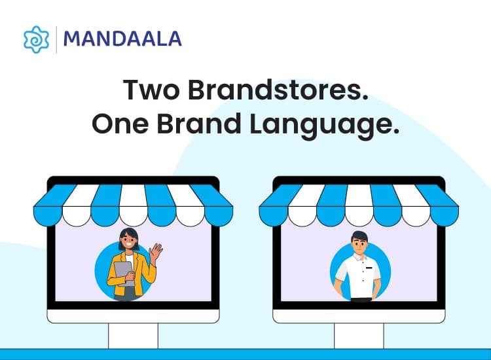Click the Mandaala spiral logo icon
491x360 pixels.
tap(35, 39)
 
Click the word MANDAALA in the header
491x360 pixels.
tap(122, 39)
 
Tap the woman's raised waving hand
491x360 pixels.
tap(155, 251)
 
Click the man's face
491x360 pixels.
tap(360, 246)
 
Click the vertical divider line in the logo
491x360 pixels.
tap(56, 39)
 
